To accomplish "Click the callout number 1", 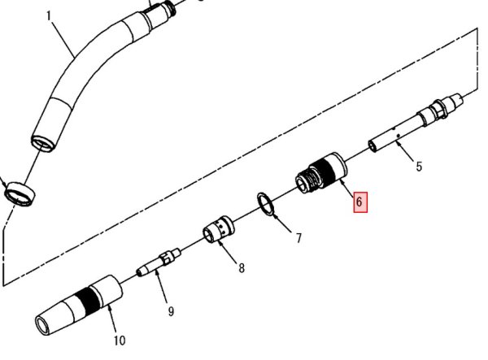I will click(47, 15).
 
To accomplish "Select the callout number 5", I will click(419, 167).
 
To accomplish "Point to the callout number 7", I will click(298, 238).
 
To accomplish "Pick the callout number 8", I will click(242, 267).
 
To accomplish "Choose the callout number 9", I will click(171, 310).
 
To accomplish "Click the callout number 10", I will click(120, 340).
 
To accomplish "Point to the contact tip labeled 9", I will click(159, 262).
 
